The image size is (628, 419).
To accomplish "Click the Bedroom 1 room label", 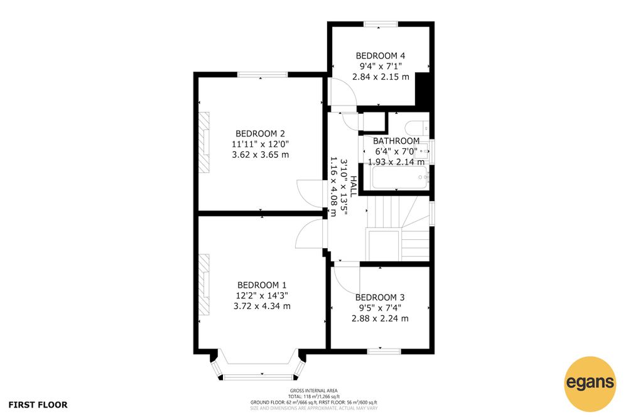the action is (262, 285).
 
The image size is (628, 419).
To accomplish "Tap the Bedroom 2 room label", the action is (261, 133).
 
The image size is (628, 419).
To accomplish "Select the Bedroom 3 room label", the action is (380, 297).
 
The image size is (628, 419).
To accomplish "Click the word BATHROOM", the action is (396, 141).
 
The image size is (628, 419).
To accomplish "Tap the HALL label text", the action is (353, 187).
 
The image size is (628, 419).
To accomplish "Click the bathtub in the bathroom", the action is (400, 177).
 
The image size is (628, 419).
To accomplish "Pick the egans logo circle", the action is (590, 383).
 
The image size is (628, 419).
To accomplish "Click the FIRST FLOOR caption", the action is (38, 405).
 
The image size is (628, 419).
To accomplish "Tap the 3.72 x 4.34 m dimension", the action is (262, 306).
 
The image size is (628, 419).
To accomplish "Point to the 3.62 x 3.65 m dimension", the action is (261, 155).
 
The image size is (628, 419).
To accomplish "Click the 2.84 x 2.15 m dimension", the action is (381, 77).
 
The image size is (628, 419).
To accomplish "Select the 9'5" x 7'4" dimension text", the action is (380, 308).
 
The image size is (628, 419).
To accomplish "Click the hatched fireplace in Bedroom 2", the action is (204, 143).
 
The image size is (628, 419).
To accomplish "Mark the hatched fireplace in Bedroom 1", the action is (204, 285).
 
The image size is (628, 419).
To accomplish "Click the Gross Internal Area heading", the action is (313, 391).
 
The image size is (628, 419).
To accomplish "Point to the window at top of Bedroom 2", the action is (263, 75).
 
